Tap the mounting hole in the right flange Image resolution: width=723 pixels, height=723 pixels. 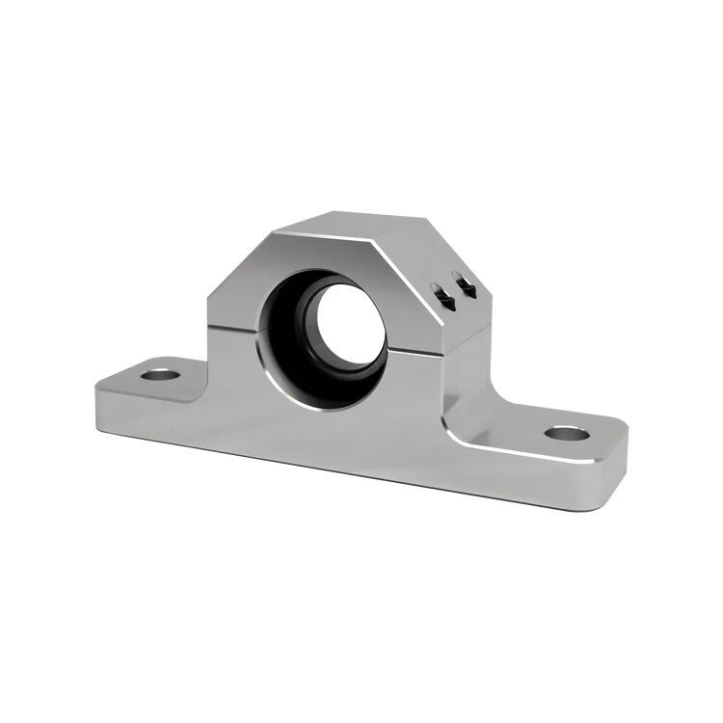tap(566, 432)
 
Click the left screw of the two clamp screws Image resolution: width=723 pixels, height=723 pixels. tap(448, 297)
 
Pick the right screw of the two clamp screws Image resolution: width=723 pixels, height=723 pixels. tap(467, 285)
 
